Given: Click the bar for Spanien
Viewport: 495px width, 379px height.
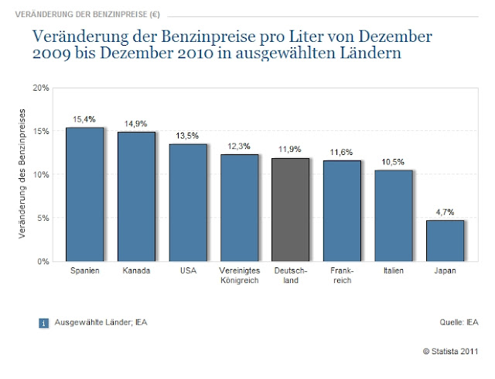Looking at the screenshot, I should tap(84, 194).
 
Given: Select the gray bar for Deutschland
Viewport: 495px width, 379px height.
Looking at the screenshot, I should tap(290, 209).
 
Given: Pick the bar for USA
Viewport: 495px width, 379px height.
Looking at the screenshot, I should tap(187, 202).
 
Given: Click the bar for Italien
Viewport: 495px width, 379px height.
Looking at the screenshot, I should tap(393, 215).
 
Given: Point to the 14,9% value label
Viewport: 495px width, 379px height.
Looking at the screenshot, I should tap(136, 123).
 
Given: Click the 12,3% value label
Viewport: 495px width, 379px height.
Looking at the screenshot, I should tap(239, 146).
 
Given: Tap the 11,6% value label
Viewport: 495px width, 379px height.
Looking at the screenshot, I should tap(342, 153).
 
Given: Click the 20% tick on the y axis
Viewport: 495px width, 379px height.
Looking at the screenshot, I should tap(41, 88).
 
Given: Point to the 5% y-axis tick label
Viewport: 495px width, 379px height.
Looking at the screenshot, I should tap(43, 218).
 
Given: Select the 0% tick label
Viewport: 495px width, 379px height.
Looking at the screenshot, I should tap(43, 261).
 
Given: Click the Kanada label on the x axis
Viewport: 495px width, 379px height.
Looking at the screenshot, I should tap(136, 271).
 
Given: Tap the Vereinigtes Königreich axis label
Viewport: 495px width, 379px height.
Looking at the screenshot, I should tap(239, 276).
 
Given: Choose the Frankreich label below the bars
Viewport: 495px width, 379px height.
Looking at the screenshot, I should tap(342, 276).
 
